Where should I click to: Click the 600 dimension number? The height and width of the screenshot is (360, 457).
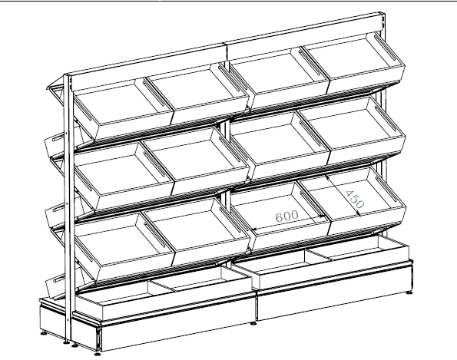pyautogui.click(x=286, y=216)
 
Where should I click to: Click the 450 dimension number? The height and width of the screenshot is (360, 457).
pyautogui.click(x=354, y=200)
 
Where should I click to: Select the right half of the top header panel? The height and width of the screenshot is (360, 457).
pyautogui.click(x=305, y=35)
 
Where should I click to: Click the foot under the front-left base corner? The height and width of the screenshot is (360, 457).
pyautogui.click(x=98, y=353)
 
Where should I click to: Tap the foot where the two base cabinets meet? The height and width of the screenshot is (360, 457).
pyautogui.click(x=254, y=322)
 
